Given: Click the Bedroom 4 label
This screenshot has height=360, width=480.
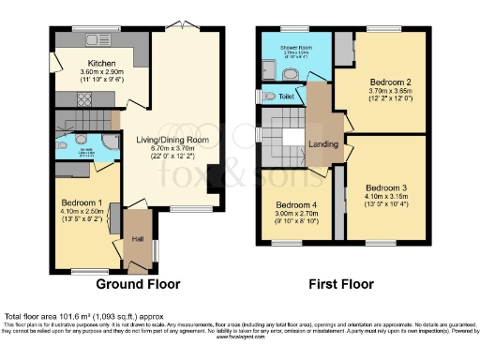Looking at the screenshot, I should tap(296, 204).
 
